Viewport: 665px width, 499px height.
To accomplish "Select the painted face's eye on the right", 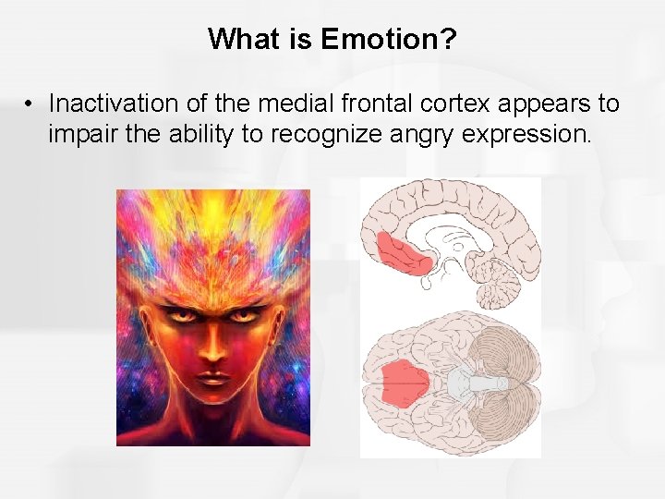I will click(244, 316).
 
